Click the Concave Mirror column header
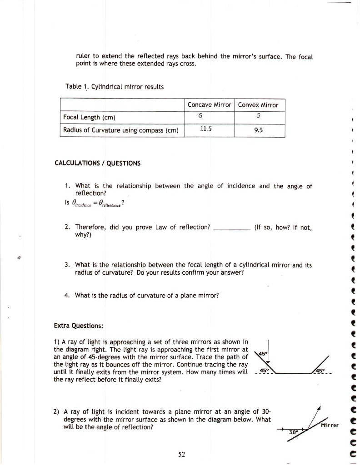click(210, 105)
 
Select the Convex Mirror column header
click(258, 105)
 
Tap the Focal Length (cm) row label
click(90, 118)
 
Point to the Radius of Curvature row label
click(120, 131)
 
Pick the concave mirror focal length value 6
click(200, 117)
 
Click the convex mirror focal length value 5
click(258, 117)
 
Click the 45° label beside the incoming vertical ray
click(263, 354)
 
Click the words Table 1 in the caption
click(76, 86)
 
